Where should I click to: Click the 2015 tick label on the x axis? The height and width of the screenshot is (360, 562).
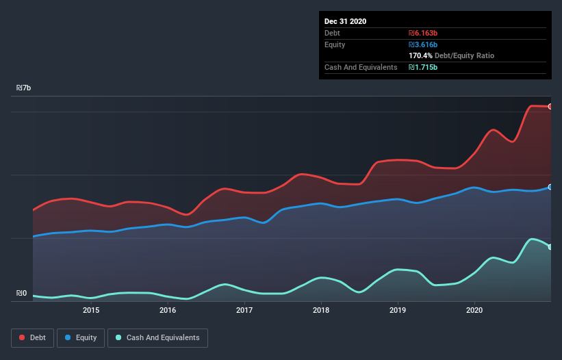pos(91,310)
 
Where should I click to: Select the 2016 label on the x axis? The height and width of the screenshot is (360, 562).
pos(168,310)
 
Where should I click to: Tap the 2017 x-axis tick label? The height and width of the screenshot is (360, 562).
pos(244,310)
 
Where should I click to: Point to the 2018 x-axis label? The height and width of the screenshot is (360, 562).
pos(321,310)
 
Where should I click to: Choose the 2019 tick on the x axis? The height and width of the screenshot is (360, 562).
pos(398,310)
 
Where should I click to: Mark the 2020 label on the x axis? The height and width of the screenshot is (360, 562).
pos(474,310)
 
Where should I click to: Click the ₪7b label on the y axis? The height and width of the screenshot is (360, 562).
pos(24,88)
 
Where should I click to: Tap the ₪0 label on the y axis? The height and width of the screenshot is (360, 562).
pos(22,294)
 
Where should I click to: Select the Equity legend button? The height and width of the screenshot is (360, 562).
pos(81,337)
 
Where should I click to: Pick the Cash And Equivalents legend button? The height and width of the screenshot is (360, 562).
pos(157,337)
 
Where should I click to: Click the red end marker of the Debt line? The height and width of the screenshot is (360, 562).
pos(550,107)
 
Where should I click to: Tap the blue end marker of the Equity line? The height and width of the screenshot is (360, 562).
pos(550,187)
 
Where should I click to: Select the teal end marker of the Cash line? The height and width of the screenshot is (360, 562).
pos(550,247)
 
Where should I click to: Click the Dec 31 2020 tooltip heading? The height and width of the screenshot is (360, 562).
pos(346,21)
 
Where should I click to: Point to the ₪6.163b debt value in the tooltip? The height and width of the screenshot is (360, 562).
pos(423,33)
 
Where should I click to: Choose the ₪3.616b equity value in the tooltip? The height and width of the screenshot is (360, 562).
pos(423,44)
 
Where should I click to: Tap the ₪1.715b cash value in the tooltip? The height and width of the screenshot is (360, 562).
pos(423,67)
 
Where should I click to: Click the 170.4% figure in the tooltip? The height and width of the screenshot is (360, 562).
pos(422,55)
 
